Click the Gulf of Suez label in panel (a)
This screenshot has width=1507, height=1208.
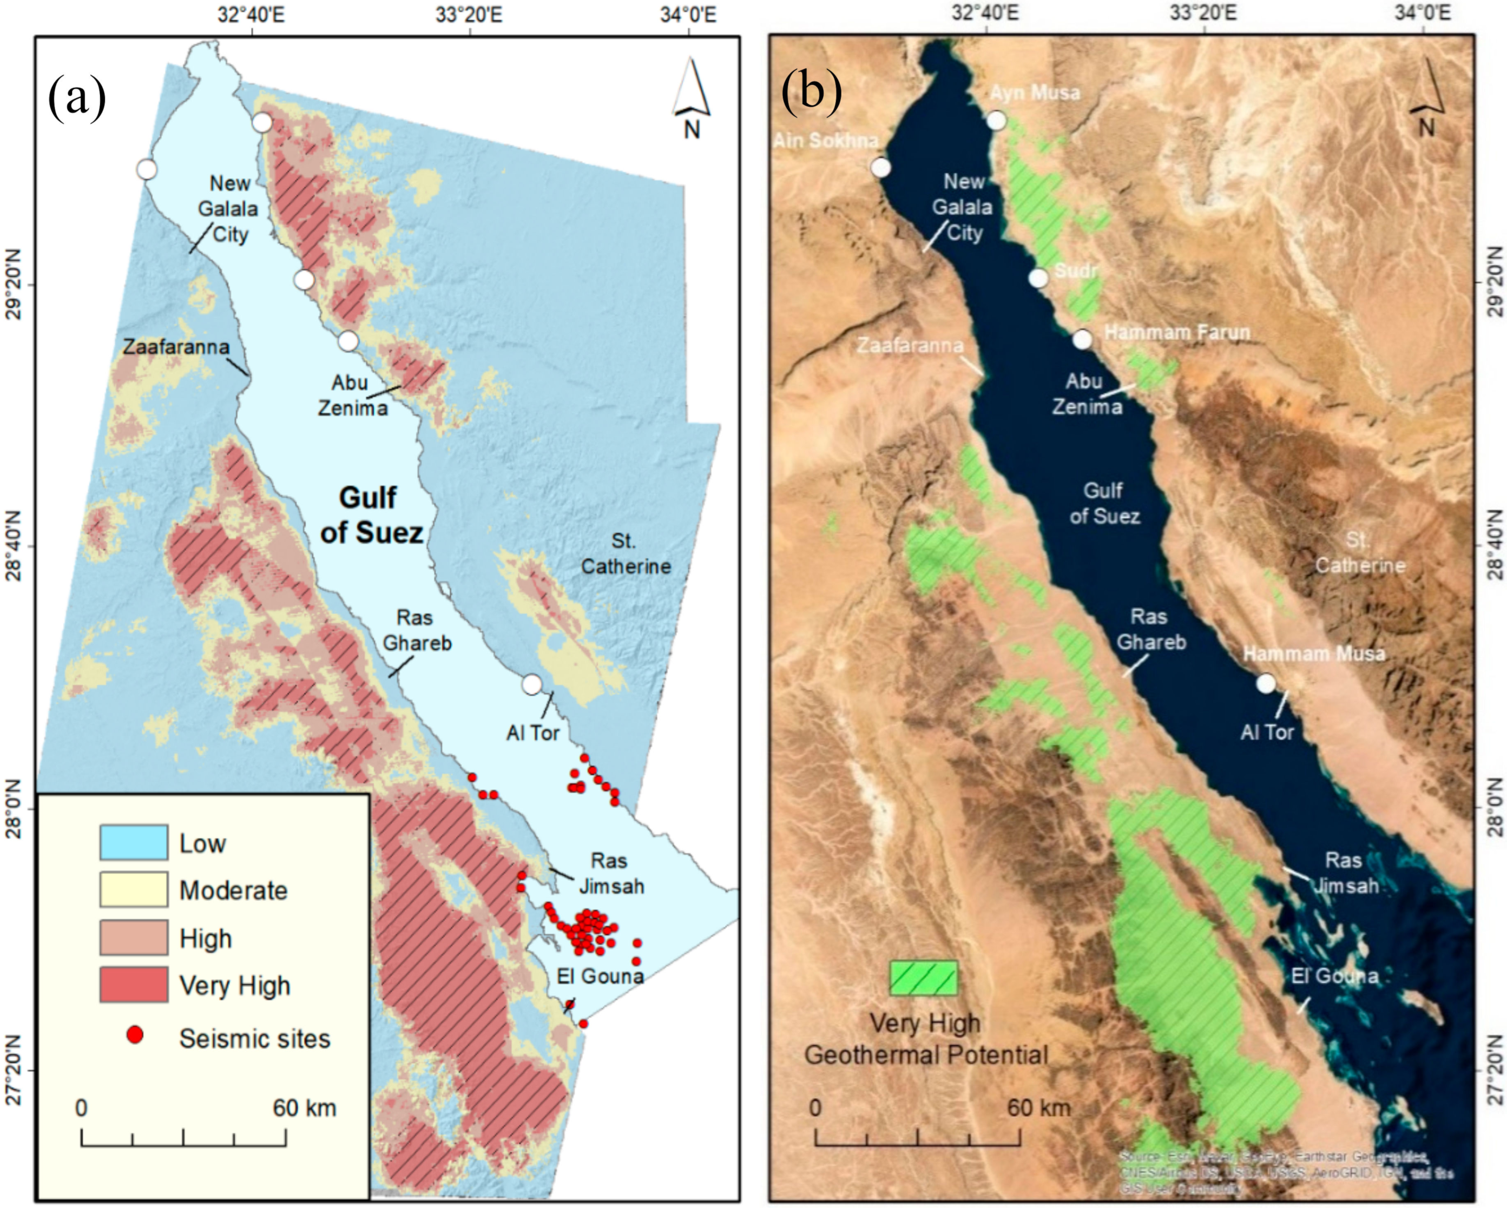pyautogui.click(x=371, y=515)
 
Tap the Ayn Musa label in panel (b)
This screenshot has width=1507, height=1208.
pyautogui.click(x=1035, y=92)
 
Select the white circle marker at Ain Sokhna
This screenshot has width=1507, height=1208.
pyautogui.click(x=881, y=168)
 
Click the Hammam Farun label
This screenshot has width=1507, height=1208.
pyautogui.click(x=1177, y=333)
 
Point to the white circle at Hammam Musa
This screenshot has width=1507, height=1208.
pyautogui.click(x=1266, y=683)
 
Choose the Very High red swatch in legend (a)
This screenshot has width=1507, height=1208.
pyautogui.click(x=134, y=985)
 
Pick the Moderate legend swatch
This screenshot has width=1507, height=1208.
pyautogui.click(x=134, y=889)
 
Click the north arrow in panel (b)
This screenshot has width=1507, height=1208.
pyautogui.click(x=1426, y=98)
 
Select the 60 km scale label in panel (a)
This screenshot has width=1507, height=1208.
pyautogui.click(x=305, y=1107)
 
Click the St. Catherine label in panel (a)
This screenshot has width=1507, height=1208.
pyautogui.click(x=626, y=553)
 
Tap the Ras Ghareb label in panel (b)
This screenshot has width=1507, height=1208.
pyautogui.click(x=1150, y=629)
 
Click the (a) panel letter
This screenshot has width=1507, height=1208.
pyautogui.click(x=77, y=98)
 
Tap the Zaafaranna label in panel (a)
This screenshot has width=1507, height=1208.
pyautogui.click(x=176, y=347)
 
